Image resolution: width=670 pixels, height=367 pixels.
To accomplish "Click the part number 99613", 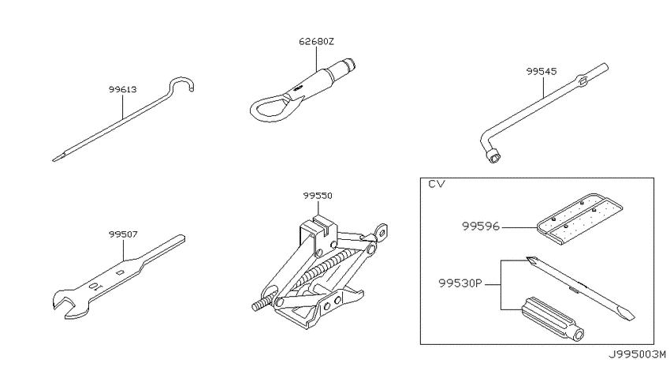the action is pyautogui.click(x=123, y=89).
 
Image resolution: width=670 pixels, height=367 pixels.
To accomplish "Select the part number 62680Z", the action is pyautogui.click(x=316, y=42).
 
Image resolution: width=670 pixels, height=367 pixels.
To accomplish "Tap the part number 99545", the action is pyautogui.click(x=542, y=72).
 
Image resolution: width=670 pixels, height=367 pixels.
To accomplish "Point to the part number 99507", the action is pyautogui.click(x=123, y=234).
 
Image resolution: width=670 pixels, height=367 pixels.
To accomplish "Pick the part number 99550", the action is pyautogui.click(x=318, y=196).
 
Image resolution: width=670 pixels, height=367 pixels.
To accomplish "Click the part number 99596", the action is pyautogui.click(x=481, y=227).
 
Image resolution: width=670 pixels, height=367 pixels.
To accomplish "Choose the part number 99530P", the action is pyautogui.click(x=460, y=283).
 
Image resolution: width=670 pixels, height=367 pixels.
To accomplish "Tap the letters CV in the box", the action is pyautogui.click(x=436, y=184).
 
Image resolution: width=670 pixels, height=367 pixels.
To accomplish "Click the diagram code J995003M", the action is pyautogui.click(x=638, y=354).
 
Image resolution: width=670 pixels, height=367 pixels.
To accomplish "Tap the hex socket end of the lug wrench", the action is pyautogui.click(x=494, y=157).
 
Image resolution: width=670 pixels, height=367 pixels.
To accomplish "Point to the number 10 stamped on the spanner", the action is pyautogui.click(x=95, y=286).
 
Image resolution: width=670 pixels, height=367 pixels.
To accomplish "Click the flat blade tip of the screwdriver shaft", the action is pyautogui.click(x=629, y=315).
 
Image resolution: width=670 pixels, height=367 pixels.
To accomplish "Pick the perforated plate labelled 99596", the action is pyautogui.click(x=579, y=218).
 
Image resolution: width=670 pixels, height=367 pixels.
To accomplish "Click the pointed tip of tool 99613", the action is pyautogui.click(x=54, y=160).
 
